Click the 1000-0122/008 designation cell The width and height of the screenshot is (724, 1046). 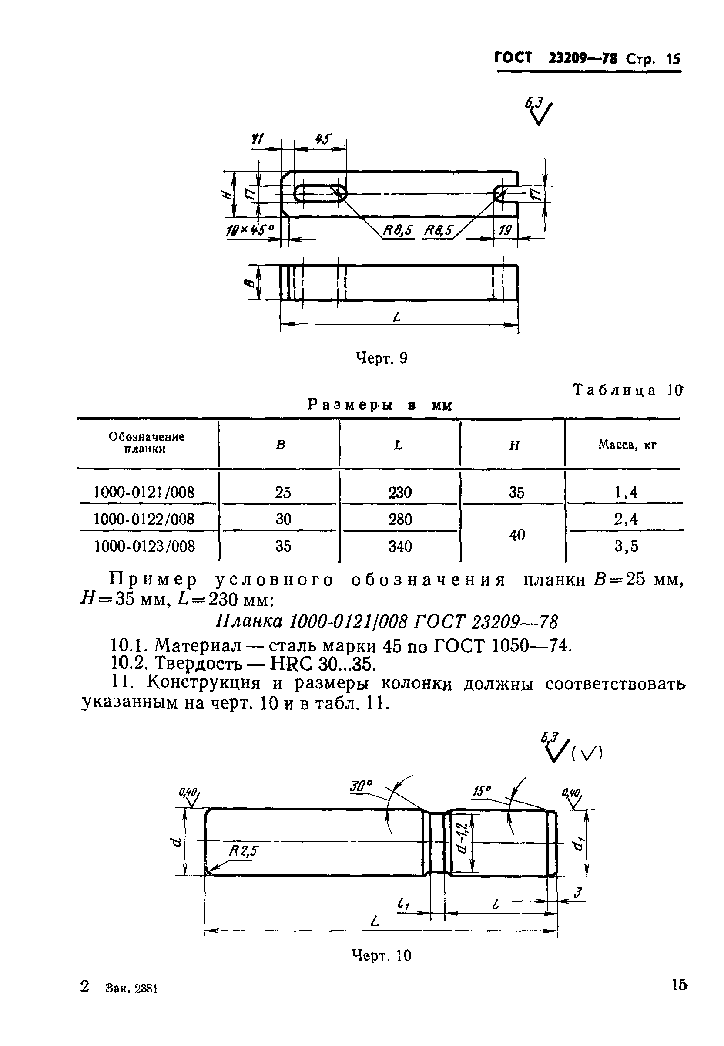coord(144,519)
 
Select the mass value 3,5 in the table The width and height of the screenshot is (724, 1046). coord(626,546)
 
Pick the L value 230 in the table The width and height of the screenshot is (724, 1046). coord(400,492)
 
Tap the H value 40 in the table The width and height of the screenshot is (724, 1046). coord(517,535)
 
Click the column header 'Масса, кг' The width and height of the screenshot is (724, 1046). coord(627,445)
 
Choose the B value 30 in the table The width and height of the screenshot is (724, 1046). coord(283,519)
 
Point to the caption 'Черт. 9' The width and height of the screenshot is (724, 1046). coord(382,358)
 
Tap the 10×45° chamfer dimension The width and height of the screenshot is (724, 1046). coord(251,231)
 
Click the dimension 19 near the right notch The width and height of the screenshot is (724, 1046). coord(505,230)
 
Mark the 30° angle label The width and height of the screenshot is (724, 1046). coord(361,786)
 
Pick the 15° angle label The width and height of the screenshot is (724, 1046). coord(482,791)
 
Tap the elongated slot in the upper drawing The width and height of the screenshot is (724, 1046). coord(320,194)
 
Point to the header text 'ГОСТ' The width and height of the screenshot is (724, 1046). coord(513,58)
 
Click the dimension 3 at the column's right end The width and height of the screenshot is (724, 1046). coord(577,894)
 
